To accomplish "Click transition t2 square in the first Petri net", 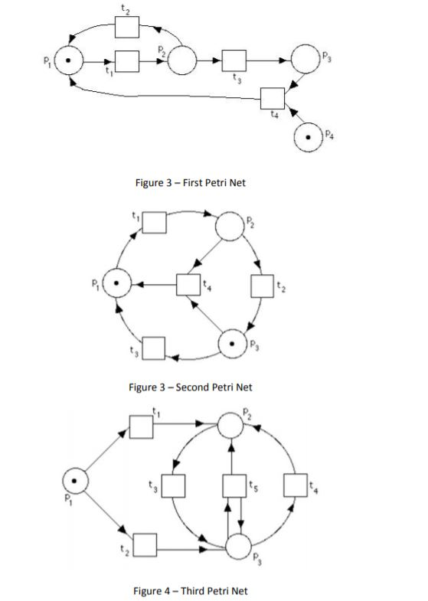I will pyautogui.click(x=126, y=27).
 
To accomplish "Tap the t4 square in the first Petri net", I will pyautogui.click(x=272, y=99).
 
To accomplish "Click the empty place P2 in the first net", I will pyautogui.click(x=181, y=60).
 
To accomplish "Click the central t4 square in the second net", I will pyautogui.click(x=188, y=284).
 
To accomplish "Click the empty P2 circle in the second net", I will pyautogui.click(x=228, y=225).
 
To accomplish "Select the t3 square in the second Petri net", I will pyautogui.click(x=154, y=348).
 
